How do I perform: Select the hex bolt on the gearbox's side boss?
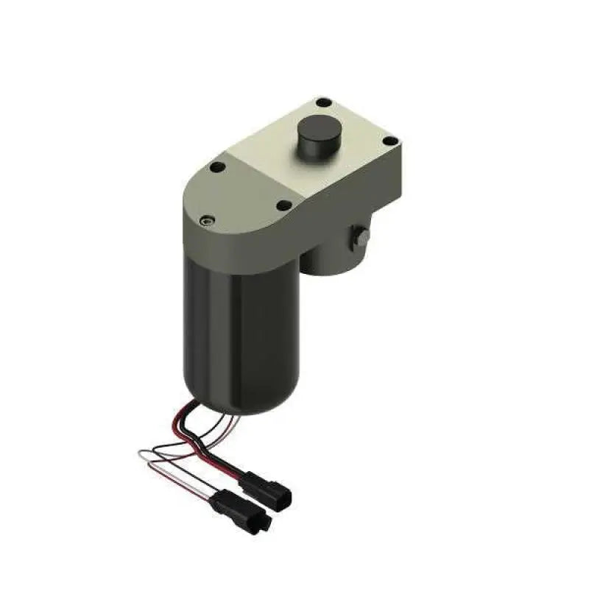click(361, 237)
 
